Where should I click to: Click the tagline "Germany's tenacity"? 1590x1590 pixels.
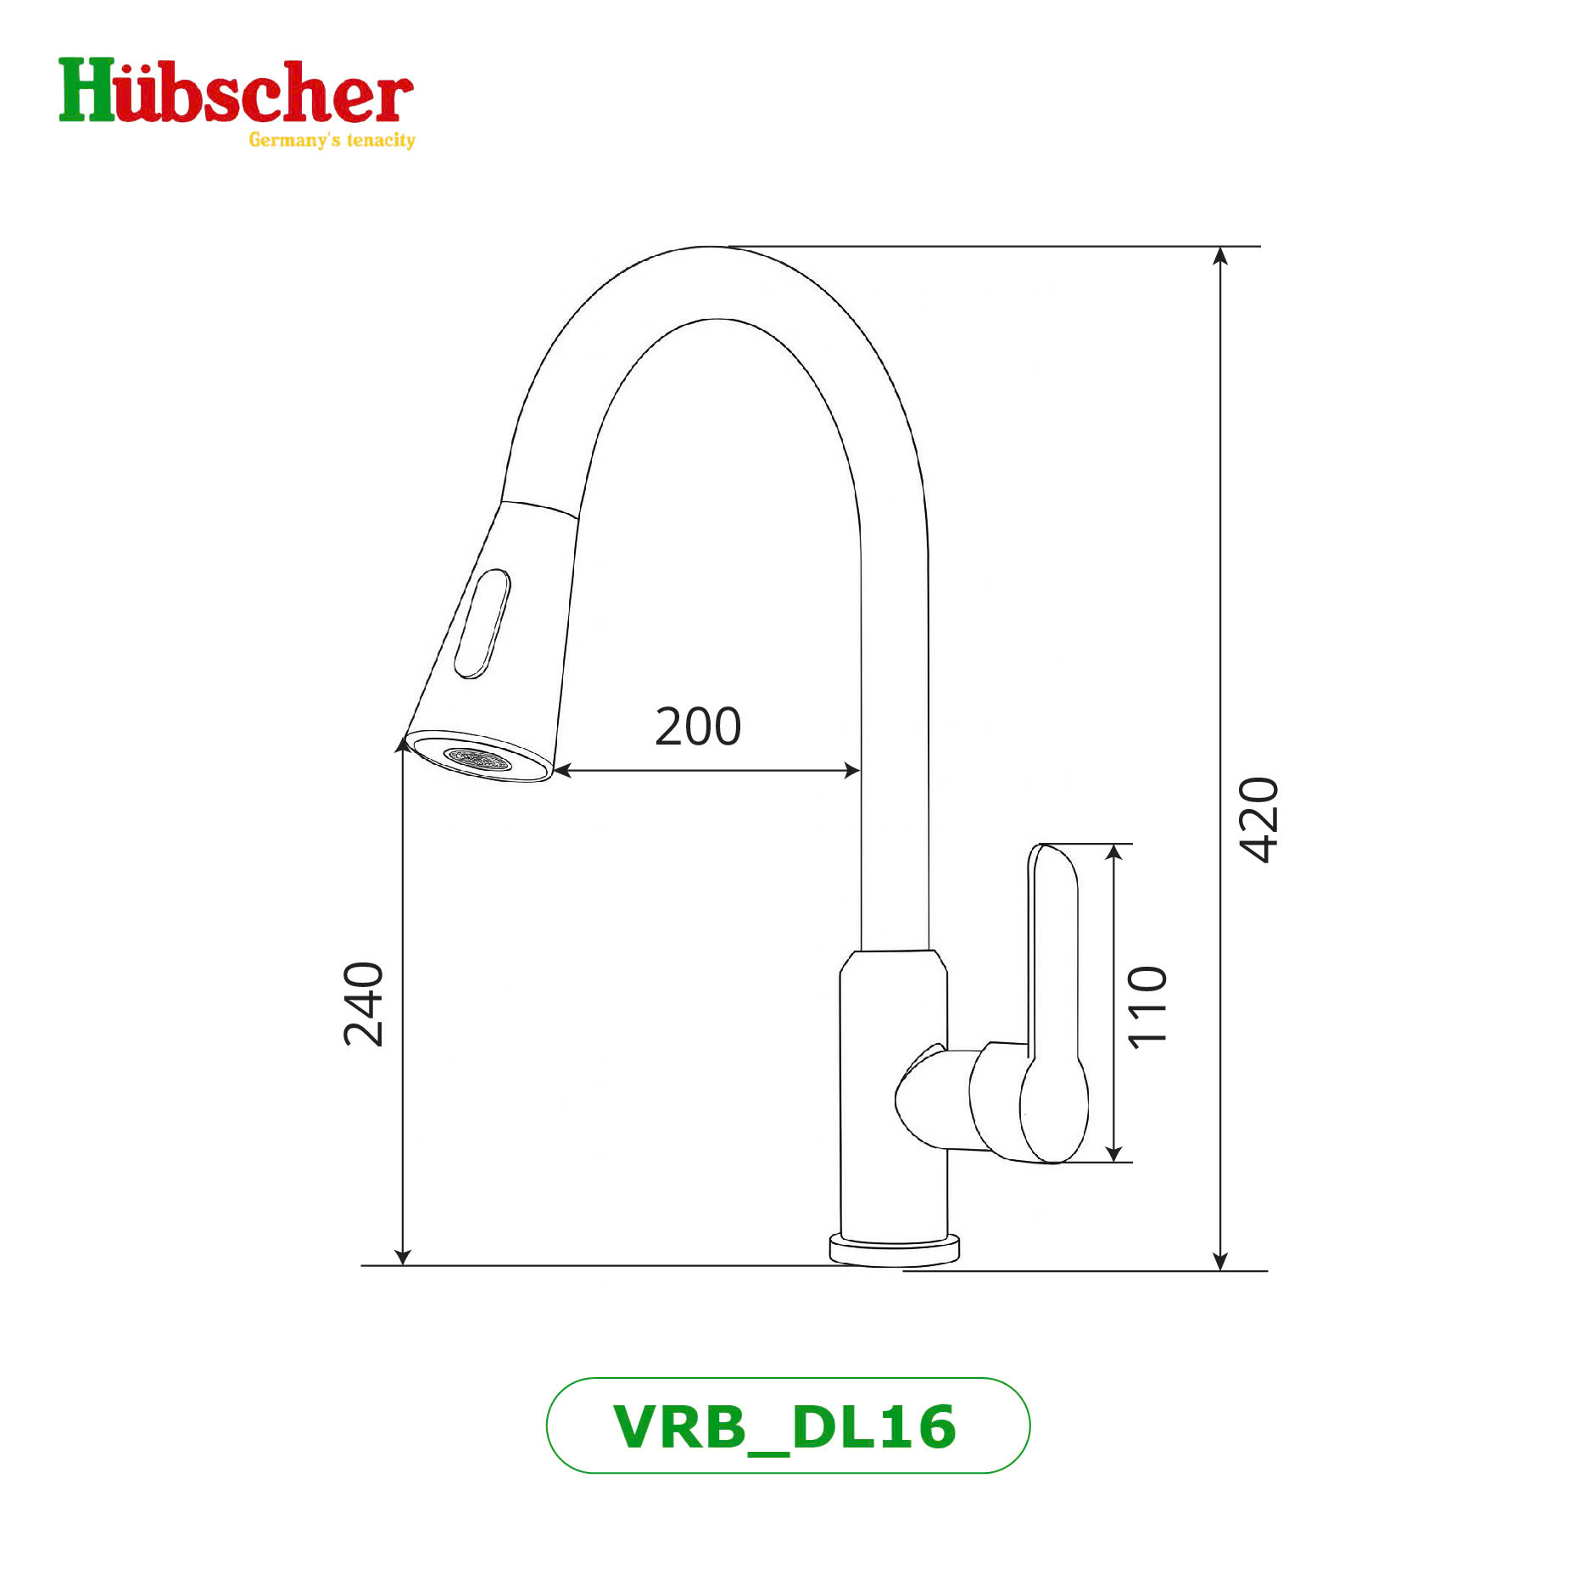click(332, 140)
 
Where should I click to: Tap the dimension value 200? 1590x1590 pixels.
click(698, 727)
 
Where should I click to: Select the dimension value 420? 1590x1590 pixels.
click(1258, 819)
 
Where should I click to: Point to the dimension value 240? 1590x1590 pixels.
click(364, 1004)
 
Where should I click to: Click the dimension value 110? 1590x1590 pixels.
click(1148, 1007)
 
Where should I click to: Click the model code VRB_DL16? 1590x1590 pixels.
click(785, 1427)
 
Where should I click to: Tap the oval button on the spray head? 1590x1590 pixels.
click(483, 623)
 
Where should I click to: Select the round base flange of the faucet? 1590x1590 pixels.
click(894, 1250)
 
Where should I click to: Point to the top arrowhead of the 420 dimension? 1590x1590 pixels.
click(1219, 255)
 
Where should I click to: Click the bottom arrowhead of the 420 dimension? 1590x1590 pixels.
click(1219, 1261)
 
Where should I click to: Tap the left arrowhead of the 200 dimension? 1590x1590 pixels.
click(562, 770)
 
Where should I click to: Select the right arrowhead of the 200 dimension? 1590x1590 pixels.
click(852, 770)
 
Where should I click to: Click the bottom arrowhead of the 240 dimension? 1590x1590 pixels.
click(403, 1256)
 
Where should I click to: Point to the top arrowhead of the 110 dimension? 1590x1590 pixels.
click(1114, 852)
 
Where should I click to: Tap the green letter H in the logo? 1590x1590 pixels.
click(86, 90)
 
